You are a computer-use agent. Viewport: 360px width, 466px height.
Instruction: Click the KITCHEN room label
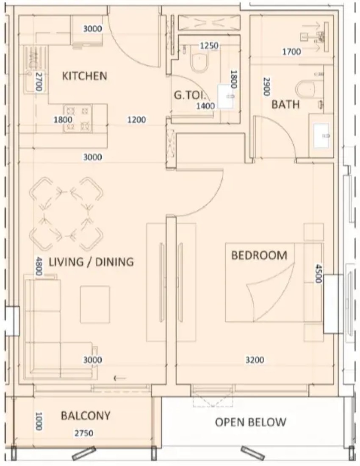(84, 76)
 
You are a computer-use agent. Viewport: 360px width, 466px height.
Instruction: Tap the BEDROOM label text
(259, 255)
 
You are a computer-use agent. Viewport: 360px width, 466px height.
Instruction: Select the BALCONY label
(86, 415)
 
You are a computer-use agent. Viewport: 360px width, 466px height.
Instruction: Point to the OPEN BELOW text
(251, 422)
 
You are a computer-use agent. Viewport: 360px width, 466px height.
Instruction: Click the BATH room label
(285, 104)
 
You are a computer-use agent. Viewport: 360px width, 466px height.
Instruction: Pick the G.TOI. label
(190, 95)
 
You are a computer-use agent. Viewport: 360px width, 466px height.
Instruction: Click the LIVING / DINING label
(91, 262)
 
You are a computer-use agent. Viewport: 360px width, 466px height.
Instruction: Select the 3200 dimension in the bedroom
(255, 360)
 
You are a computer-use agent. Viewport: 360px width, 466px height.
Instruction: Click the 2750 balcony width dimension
(84, 433)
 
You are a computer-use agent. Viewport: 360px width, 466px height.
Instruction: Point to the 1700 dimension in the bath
(291, 52)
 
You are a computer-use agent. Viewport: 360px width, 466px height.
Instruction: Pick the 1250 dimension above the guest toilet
(209, 46)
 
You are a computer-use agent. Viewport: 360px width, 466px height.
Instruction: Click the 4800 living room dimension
(39, 266)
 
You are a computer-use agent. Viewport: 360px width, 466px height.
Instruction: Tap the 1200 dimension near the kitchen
(137, 119)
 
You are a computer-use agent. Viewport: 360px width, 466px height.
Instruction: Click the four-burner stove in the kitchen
(78, 119)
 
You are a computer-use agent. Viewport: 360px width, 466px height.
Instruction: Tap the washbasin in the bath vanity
(321, 136)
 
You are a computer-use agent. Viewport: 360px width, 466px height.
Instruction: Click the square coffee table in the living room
(95, 304)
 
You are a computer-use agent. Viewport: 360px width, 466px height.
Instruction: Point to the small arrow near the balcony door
(120, 378)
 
